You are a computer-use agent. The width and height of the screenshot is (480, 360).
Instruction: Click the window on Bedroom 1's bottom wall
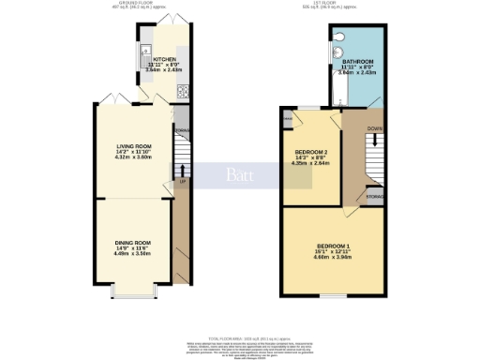pos(327,295)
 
